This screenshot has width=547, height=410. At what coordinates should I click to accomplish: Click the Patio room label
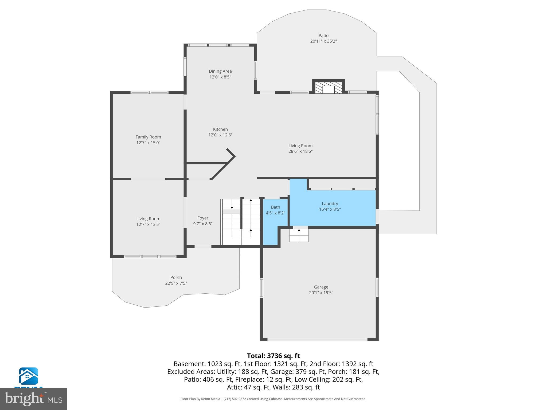pos(323,36)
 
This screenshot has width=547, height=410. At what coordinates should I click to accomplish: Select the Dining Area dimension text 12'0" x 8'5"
pos(220,77)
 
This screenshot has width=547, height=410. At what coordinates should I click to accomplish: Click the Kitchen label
pos(220,129)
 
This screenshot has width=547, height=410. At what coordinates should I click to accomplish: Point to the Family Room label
pos(148,137)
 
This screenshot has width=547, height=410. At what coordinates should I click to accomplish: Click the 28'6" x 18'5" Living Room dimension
pos(300,151)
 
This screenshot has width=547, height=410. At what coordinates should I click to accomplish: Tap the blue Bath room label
pos(275,207)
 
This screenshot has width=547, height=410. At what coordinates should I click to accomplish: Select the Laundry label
pos(330,204)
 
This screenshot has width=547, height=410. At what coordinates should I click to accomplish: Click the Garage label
pos(321,287)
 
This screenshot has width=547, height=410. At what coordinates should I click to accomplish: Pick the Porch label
pos(176,278)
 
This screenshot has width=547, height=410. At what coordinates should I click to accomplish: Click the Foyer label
pos(203,218)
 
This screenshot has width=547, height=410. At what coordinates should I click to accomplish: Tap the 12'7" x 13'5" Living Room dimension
pos(148,224)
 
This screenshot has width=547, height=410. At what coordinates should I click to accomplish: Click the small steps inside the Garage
pos(299,235)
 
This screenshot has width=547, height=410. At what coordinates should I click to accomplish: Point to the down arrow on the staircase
pos(232,207)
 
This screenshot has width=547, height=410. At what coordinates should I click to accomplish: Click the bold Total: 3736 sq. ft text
pos(273,356)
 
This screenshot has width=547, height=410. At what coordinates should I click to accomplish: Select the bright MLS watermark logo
pos(33,399)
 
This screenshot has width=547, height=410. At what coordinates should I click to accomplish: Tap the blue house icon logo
pos(28,376)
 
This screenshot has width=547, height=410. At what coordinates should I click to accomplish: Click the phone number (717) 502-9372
pos(235,399)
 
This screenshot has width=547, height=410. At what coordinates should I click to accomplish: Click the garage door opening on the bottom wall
pos(317,340)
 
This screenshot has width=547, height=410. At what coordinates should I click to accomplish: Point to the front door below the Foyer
pos(203,247)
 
